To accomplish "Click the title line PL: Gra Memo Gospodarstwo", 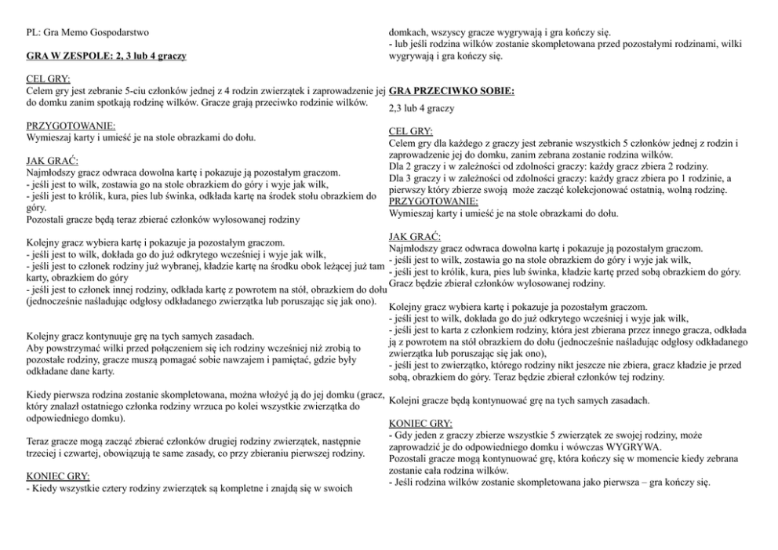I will (87, 33).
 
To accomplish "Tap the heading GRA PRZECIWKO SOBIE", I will (451, 92).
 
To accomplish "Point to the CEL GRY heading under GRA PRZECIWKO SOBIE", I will (410, 132).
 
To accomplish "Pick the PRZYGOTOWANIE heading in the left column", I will (71, 126).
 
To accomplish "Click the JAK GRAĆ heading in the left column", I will (51, 161).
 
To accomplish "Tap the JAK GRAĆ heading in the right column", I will (413, 236).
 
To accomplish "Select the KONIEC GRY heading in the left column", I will (58, 476).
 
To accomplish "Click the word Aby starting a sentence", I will (35, 348).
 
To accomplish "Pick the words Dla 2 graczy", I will (418, 166).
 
